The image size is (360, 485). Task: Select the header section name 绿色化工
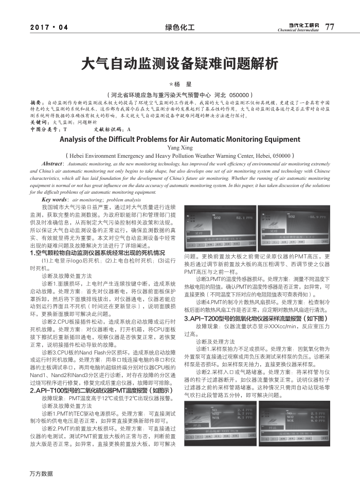point(179,27)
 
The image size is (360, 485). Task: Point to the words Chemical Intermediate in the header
point(298,30)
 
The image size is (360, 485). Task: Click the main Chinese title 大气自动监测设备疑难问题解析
point(179,63)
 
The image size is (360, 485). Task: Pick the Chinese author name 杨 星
point(181,84)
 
